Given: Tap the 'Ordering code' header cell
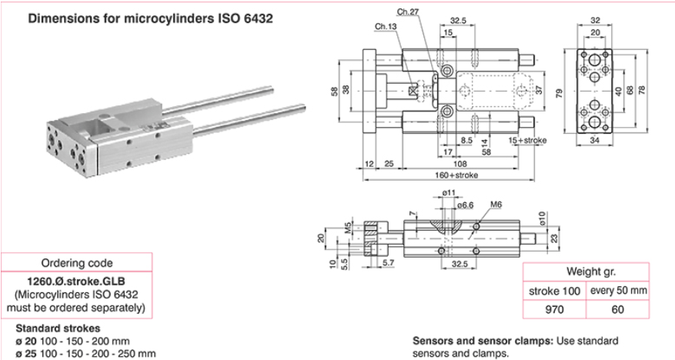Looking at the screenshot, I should tap(76, 263).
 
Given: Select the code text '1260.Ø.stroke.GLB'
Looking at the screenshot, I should tap(76, 282).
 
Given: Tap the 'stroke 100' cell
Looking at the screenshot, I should tap(554, 291).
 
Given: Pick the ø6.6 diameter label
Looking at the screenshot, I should tap(464, 205).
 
